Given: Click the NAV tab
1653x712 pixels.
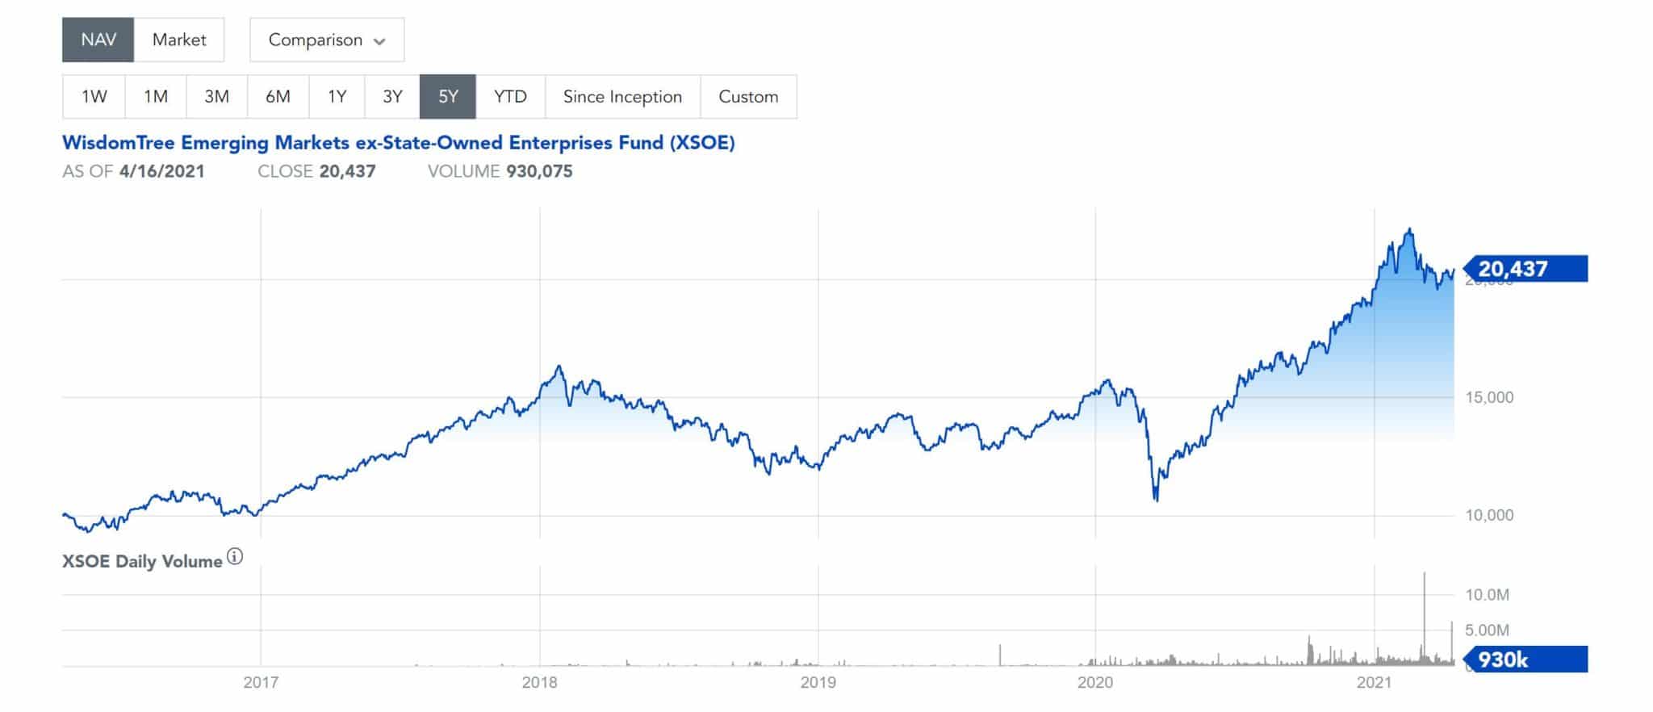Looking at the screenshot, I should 98,40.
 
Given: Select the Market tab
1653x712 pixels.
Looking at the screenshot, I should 179,40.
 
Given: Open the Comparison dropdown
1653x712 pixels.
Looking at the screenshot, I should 327,40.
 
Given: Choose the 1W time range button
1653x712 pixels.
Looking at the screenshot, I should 94,97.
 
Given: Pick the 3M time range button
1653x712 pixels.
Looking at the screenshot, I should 216,97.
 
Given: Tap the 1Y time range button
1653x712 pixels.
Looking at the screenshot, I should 337,97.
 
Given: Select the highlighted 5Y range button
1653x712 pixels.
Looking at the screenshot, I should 448,97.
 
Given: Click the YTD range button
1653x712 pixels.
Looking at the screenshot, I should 510,97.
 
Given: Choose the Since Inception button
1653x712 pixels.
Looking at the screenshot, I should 622,97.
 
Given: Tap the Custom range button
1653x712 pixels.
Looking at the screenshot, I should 748,97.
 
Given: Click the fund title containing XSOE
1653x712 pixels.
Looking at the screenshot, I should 399,143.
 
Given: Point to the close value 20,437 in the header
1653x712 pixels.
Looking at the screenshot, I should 347,171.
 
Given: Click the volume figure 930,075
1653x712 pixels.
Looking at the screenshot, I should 538,171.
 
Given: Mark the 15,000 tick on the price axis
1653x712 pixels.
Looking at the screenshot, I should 1489,397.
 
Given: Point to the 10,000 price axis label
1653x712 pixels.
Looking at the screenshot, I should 1489,515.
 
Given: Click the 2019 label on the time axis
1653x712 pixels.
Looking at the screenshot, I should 818,683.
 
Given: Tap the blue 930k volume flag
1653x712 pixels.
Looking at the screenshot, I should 1524,660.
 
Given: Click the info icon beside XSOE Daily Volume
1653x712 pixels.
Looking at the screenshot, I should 235,557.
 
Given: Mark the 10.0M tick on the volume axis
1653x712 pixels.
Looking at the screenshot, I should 1487,595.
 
